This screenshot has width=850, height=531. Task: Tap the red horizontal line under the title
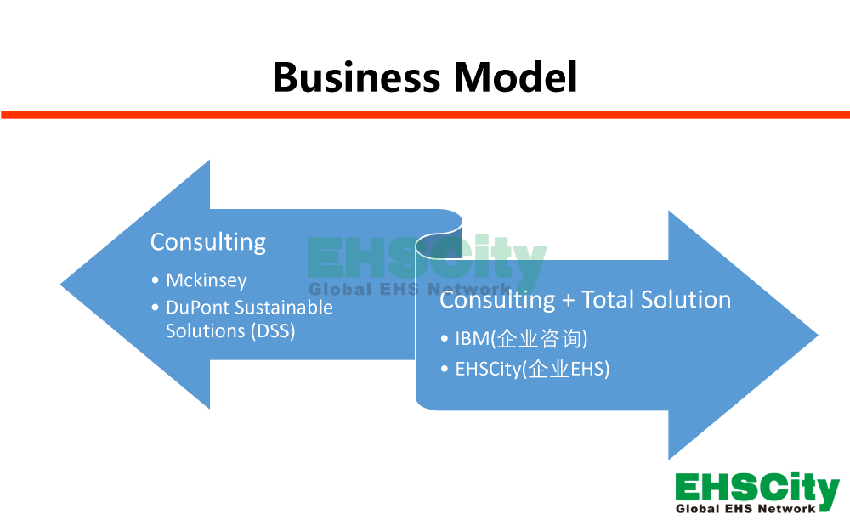pyautogui.click(x=425, y=115)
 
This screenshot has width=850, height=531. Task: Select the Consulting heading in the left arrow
pyautogui.click(x=208, y=242)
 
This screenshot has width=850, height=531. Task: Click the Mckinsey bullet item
pyautogui.click(x=207, y=280)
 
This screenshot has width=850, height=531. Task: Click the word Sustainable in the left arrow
pyautogui.click(x=283, y=308)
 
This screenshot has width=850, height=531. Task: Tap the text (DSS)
pyautogui.click(x=273, y=330)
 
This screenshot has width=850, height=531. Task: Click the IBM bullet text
pyautogui.click(x=473, y=339)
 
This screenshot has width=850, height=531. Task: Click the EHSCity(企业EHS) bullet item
pyautogui.click(x=532, y=370)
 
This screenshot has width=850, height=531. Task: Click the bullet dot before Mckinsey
pyautogui.click(x=155, y=281)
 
